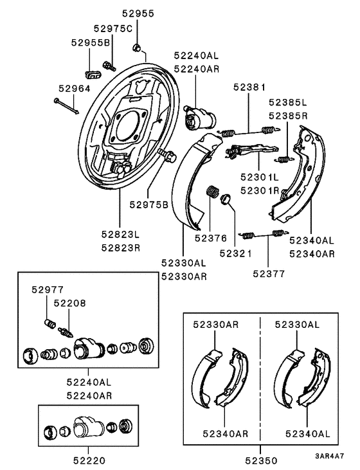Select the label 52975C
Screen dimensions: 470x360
(113, 29)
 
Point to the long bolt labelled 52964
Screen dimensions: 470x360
(66, 106)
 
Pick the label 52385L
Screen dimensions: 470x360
(288, 102)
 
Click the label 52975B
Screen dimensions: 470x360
(148, 204)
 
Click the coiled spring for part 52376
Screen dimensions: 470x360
(212, 193)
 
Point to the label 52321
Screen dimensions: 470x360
(236, 253)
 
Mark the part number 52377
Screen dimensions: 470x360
(267, 273)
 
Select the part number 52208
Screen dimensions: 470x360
(69, 302)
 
